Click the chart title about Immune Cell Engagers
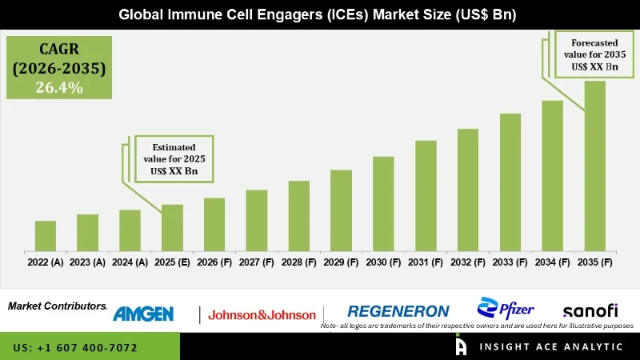320,14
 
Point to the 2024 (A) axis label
130,262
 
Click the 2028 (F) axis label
298,262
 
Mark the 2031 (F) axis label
426,262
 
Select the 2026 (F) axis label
214,262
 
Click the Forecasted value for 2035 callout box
594,54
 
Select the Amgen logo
143,314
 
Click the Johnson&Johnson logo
262,314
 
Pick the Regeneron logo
398,311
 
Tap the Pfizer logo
506,308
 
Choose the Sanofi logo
590,310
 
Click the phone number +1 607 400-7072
75,348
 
